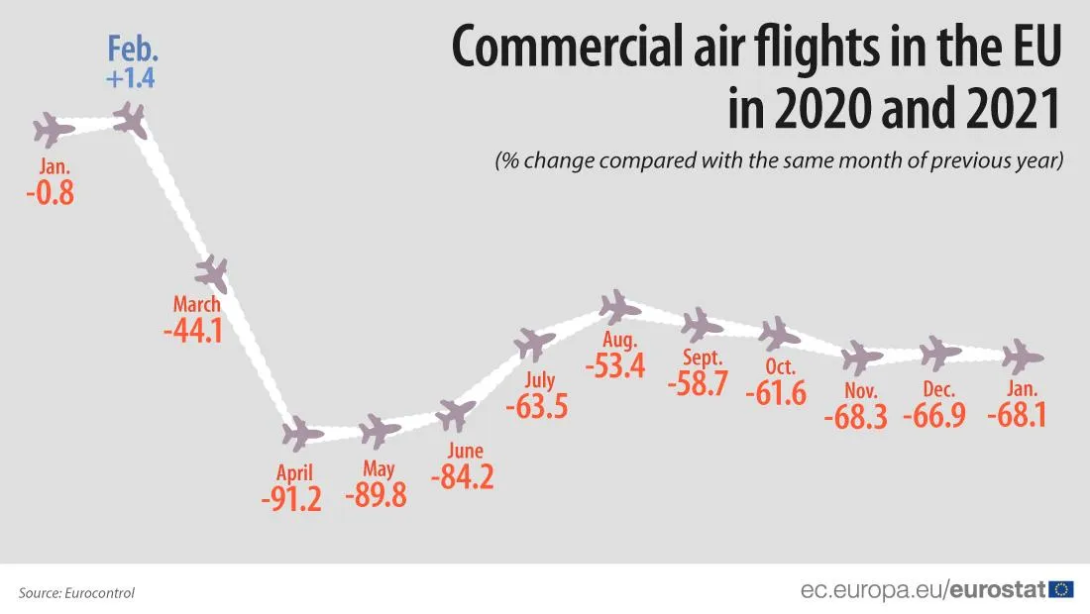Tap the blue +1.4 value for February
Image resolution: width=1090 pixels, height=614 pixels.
[131, 78]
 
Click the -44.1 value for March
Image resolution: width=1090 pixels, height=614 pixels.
[193, 330]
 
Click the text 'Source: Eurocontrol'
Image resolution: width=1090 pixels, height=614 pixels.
[76, 593]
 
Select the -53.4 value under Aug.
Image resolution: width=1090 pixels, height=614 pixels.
[614, 365]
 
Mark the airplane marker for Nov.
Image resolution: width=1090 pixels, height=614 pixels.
[861, 357]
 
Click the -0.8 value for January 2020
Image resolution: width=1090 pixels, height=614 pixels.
[50, 191]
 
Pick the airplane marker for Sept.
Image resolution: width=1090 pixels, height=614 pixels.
[703, 324]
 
